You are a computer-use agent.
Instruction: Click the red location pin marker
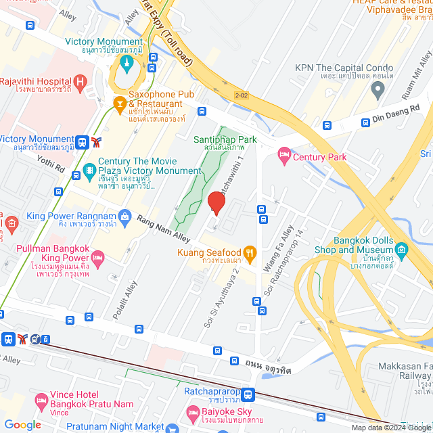[216, 203]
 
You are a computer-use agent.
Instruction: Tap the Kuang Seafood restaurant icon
[250, 253]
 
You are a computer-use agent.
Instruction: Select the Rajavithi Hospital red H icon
[81, 83]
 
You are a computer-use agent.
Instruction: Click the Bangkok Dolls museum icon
[402, 250]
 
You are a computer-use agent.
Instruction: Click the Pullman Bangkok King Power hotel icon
[98, 258]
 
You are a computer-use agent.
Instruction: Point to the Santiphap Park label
[225, 139]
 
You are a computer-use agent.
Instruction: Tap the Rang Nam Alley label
[163, 229]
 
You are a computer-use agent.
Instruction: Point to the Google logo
[22, 425]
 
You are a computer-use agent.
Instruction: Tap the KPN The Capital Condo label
[344, 68]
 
